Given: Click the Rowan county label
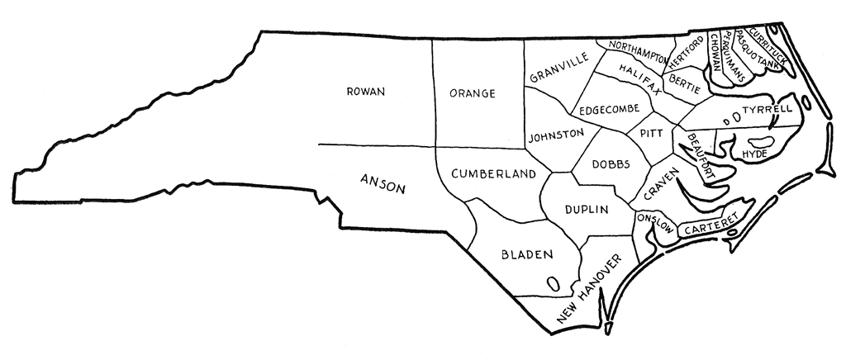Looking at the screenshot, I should (366, 92).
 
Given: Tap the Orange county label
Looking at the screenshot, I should (472, 93).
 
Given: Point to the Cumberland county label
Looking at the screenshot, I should (493, 174).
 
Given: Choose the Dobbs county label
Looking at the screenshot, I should (612, 163).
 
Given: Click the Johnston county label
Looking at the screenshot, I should (556, 134).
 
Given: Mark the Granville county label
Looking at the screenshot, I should (559, 69).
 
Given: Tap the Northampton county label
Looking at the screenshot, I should (637, 49).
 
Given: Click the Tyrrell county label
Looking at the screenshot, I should (767, 109).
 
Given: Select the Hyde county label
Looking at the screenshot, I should (755, 154).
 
